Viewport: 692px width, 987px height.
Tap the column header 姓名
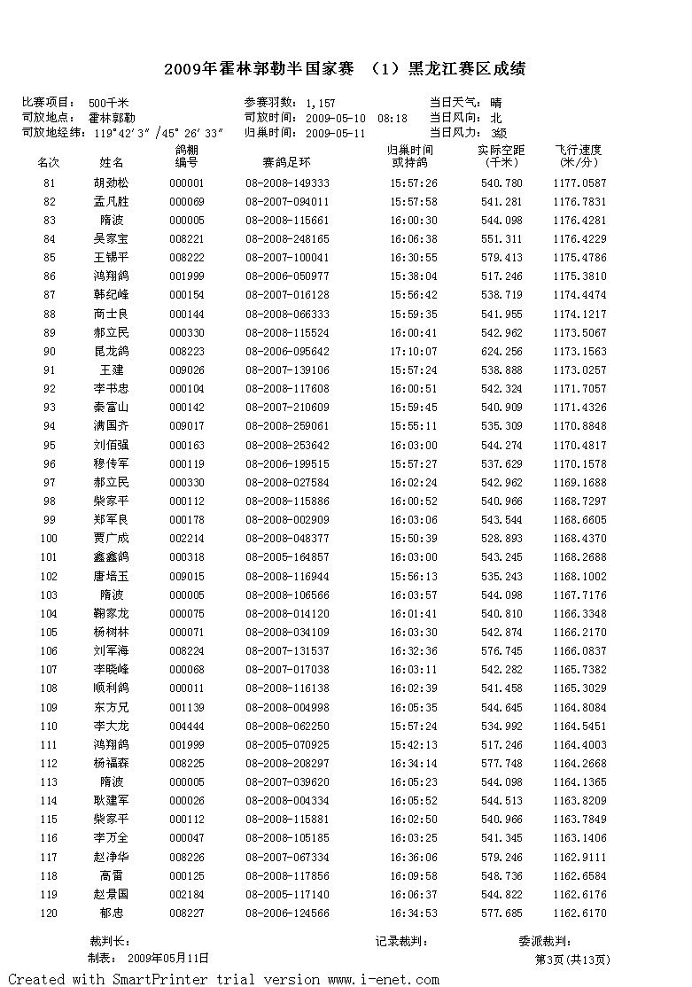(x=112, y=163)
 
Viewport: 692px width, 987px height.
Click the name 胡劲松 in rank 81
(x=112, y=183)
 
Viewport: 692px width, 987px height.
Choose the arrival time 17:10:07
(x=413, y=351)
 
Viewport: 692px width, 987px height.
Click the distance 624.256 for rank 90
(x=501, y=351)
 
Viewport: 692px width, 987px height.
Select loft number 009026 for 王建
(x=187, y=369)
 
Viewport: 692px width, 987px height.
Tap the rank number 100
(x=49, y=538)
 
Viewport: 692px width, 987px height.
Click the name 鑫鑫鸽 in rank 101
(x=112, y=556)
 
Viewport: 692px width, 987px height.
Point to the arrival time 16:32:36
(x=413, y=650)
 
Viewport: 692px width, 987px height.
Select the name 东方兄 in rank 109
(x=112, y=707)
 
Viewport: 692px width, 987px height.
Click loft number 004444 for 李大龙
(x=187, y=726)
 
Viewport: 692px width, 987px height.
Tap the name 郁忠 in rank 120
(x=112, y=913)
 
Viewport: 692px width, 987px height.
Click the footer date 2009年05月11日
(x=168, y=958)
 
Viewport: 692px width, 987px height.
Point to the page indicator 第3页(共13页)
(x=572, y=960)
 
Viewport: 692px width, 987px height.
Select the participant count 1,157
(x=321, y=104)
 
